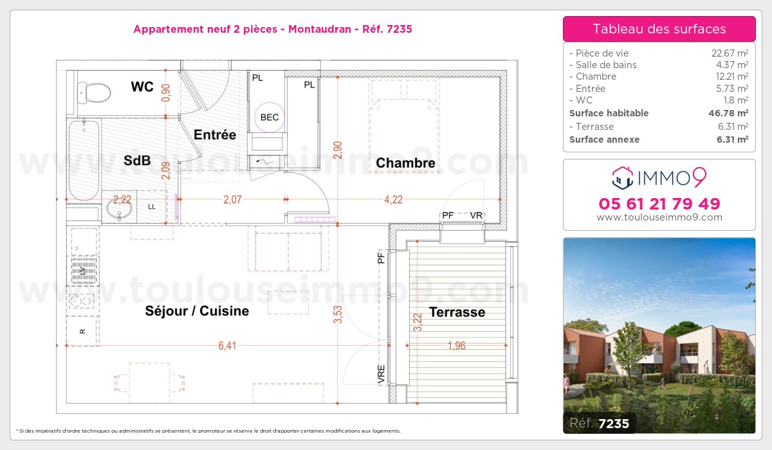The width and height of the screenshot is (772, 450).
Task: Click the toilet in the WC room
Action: point(94,93)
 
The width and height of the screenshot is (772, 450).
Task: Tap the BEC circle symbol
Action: point(270,118)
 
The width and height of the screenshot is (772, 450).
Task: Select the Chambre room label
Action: point(405,163)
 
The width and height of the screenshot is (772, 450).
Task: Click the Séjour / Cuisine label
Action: point(197,311)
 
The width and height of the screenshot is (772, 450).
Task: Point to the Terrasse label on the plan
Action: point(457,312)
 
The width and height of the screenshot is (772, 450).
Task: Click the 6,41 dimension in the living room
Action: point(228,345)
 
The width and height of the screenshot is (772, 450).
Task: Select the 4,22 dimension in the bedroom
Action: point(393,199)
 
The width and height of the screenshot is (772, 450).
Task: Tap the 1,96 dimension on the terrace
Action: point(456,345)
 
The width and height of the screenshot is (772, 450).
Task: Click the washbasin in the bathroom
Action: point(119,208)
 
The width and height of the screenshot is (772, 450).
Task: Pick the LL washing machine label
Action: point(152,206)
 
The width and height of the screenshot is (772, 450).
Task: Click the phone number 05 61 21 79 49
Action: point(659,204)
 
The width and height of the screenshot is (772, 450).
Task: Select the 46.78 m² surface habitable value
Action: point(728,113)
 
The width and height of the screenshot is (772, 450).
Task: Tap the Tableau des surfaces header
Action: point(659,29)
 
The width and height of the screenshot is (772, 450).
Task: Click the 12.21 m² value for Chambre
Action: point(730,76)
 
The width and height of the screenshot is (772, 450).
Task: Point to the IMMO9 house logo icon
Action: point(623,178)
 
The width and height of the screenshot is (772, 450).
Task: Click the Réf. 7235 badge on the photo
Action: point(600,423)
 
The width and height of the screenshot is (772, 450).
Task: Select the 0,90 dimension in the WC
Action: point(166,93)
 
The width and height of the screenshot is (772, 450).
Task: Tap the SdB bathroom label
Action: point(137,161)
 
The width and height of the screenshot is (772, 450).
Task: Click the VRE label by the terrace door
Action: point(381,374)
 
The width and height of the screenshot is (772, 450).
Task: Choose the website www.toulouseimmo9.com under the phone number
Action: point(659,217)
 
